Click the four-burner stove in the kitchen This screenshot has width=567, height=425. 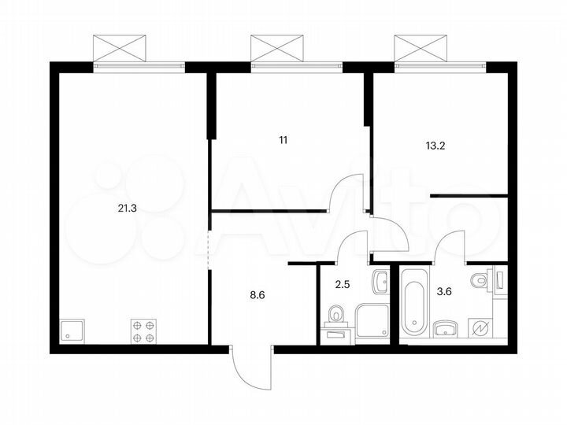[x=142, y=331]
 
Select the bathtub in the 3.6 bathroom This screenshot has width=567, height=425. [x=413, y=304]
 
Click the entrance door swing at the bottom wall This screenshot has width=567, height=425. [x=250, y=367]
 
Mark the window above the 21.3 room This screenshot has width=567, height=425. [x=120, y=49]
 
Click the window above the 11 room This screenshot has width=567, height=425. [x=277, y=49]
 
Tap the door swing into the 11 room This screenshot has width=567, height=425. [x=346, y=192]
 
